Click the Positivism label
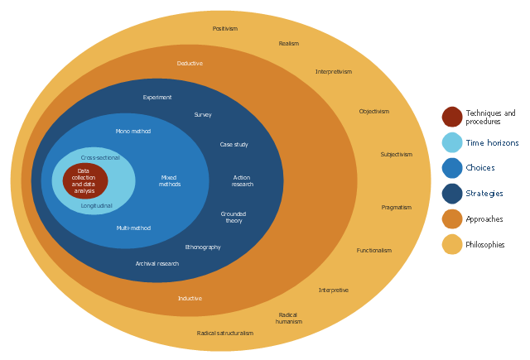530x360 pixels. [224, 29]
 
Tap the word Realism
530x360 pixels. [288, 44]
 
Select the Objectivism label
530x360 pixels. [373, 112]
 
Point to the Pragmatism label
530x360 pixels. [396, 208]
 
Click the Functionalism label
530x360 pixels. [374, 251]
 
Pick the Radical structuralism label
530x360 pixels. [225, 334]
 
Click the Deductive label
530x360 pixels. [190, 64]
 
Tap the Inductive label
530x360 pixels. [190, 299]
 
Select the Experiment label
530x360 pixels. [157, 98]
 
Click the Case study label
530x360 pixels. [234, 145]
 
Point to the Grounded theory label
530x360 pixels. [234, 218]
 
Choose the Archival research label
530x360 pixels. [157, 264]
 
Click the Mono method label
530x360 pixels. [133, 131]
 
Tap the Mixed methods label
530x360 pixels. [169, 180]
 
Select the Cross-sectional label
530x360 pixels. [100, 158]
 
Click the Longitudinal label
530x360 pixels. [96, 205]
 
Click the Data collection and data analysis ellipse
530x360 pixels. [85, 181]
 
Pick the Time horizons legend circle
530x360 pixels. [452, 142]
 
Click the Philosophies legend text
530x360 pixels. [485, 245]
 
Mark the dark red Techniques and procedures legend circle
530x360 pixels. [452, 117]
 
